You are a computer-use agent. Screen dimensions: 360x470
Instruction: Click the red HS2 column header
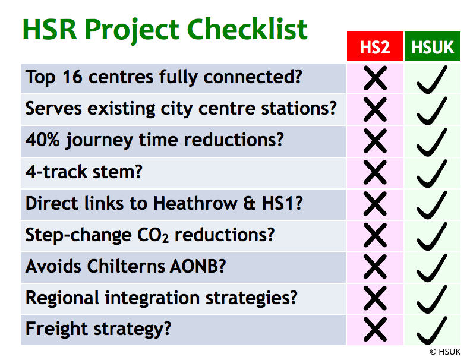[375, 48]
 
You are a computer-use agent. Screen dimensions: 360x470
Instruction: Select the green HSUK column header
[433, 48]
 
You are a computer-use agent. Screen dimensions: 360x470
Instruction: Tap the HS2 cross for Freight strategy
[375, 329]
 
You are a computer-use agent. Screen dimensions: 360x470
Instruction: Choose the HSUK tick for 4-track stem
[432, 173]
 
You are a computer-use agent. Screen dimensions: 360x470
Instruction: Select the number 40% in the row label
[41, 140]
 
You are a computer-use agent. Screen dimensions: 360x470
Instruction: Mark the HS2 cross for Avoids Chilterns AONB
[375, 266]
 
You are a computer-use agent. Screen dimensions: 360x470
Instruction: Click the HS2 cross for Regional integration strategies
[375, 298]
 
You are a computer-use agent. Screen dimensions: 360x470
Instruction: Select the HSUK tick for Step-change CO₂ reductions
[432, 235]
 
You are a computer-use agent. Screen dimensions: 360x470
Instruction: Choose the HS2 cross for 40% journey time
[375, 141]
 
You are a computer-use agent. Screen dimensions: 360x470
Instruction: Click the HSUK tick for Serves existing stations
[432, 110]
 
